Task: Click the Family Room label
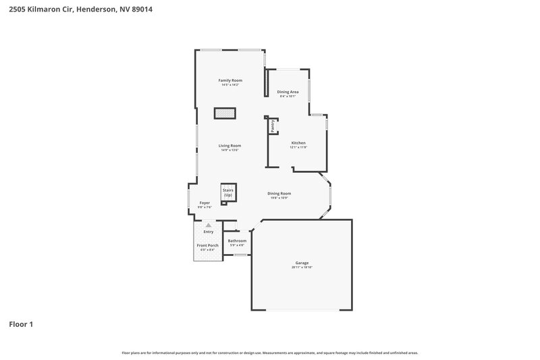pyautogui.click(x=230, y=80)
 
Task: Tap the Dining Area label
pyautogui.click(x=288, y=92)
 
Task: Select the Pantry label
pyautogui.click(x=273, y=126)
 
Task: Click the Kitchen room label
pyautogui.click(x=298, y=143)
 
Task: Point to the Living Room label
pyautogui.click(x=230, y=145)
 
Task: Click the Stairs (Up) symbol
pyautogui.click(x=227, y=192)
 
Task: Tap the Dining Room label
pyautogui.click(x=279, y=193)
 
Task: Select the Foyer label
pyautogui.click(x=205, y=203)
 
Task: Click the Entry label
pyautogui.click(x=208, y=232)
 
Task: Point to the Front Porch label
pyautogui.click(x=207, y=245)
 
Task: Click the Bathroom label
pyautogui.click(x=237, y=240)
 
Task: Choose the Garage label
pyautogui.click(x=302, y=263)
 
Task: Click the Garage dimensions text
pyautogui.click(x=302, y=267)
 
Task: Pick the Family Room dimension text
pyautogui.click(x=230, y=85)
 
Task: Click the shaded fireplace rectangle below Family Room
pyautogui.click(x=225, y=113)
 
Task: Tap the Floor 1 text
pyautogui.click(x=21, y=324)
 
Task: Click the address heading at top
pyautogui.click(x=76, y=9)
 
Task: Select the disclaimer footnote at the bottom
pyautogui.click(x=270, y=353)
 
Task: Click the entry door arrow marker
pyautogui.click(x=208, y=225)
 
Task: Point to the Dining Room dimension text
pyautogui.click(x=279, y=198)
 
